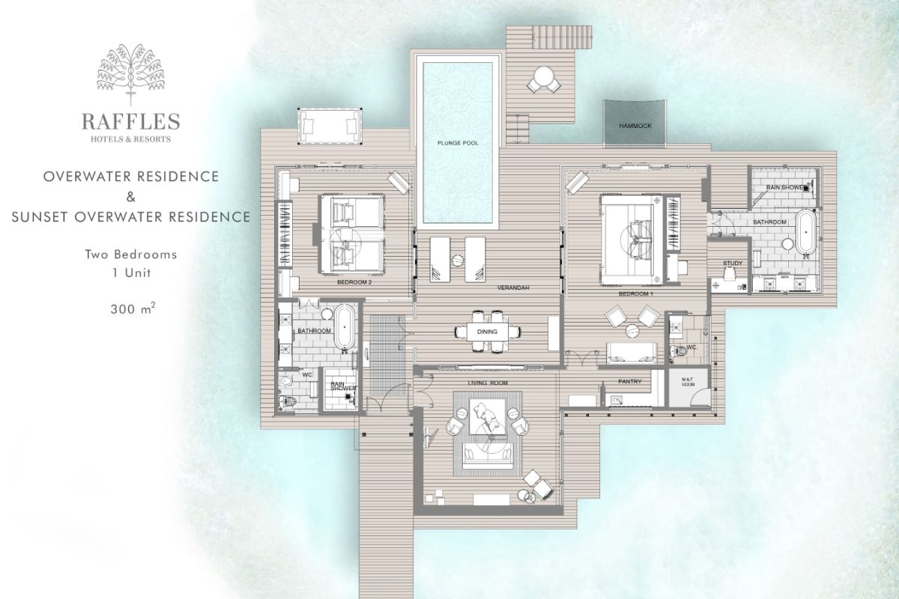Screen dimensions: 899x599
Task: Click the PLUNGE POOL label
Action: [x=458, y=143]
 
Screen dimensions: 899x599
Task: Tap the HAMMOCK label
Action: [x=635, y=126]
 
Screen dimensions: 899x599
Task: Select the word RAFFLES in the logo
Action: [x=131, y=122]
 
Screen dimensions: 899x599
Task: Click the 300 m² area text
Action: [x=133, y=308]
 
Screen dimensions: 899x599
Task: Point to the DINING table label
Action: [x=487, y=332]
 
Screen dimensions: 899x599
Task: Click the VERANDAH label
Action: [x=513, y=288]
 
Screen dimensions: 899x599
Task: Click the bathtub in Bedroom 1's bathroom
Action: [x=806, y=233]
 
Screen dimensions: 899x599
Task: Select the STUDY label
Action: [x=733, y=264]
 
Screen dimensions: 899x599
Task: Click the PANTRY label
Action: [x=630, y=382]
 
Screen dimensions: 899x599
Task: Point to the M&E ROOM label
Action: [x=688, y=382]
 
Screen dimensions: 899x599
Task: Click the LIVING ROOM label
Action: [x=488, y=383]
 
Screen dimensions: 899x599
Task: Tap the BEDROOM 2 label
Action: [x=354, y=282]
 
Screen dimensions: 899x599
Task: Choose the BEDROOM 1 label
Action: [x=636, y=294]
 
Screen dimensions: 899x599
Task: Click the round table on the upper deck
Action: [x=544, y=76]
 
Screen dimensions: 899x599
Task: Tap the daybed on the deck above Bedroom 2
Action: [x=330, y=126]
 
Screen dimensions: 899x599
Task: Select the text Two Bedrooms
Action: [x=131, y=255]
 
